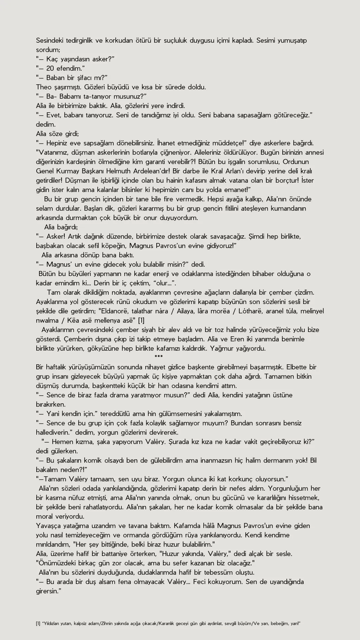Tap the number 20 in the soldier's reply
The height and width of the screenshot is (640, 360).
coord(50,69)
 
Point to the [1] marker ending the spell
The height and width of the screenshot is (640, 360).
coord(141,321)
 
